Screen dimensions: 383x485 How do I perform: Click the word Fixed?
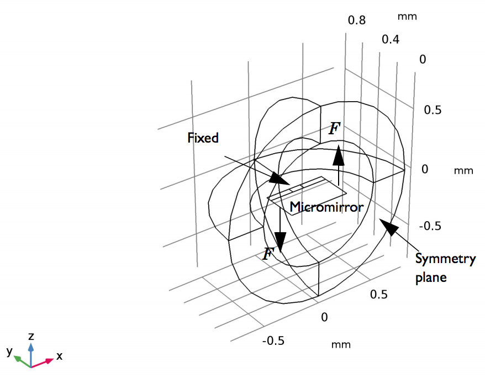point(203,138)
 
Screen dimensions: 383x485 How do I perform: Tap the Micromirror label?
point(326,207)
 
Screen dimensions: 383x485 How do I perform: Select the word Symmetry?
point(445,259)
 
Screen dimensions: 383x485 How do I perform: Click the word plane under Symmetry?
point(431,277)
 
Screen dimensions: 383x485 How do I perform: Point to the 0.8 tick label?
point(357,20)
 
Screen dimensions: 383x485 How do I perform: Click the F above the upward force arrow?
point(335,129)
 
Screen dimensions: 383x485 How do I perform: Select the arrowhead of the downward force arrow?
point(281,241)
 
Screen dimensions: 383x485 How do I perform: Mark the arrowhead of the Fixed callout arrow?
point(278,180)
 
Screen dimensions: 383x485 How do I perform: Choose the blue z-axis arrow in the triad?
point(31,348)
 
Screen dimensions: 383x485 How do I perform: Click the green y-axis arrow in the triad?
point(20,359)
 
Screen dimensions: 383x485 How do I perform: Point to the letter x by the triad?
point(59,356)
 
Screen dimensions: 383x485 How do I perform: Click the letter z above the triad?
point(31,336)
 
